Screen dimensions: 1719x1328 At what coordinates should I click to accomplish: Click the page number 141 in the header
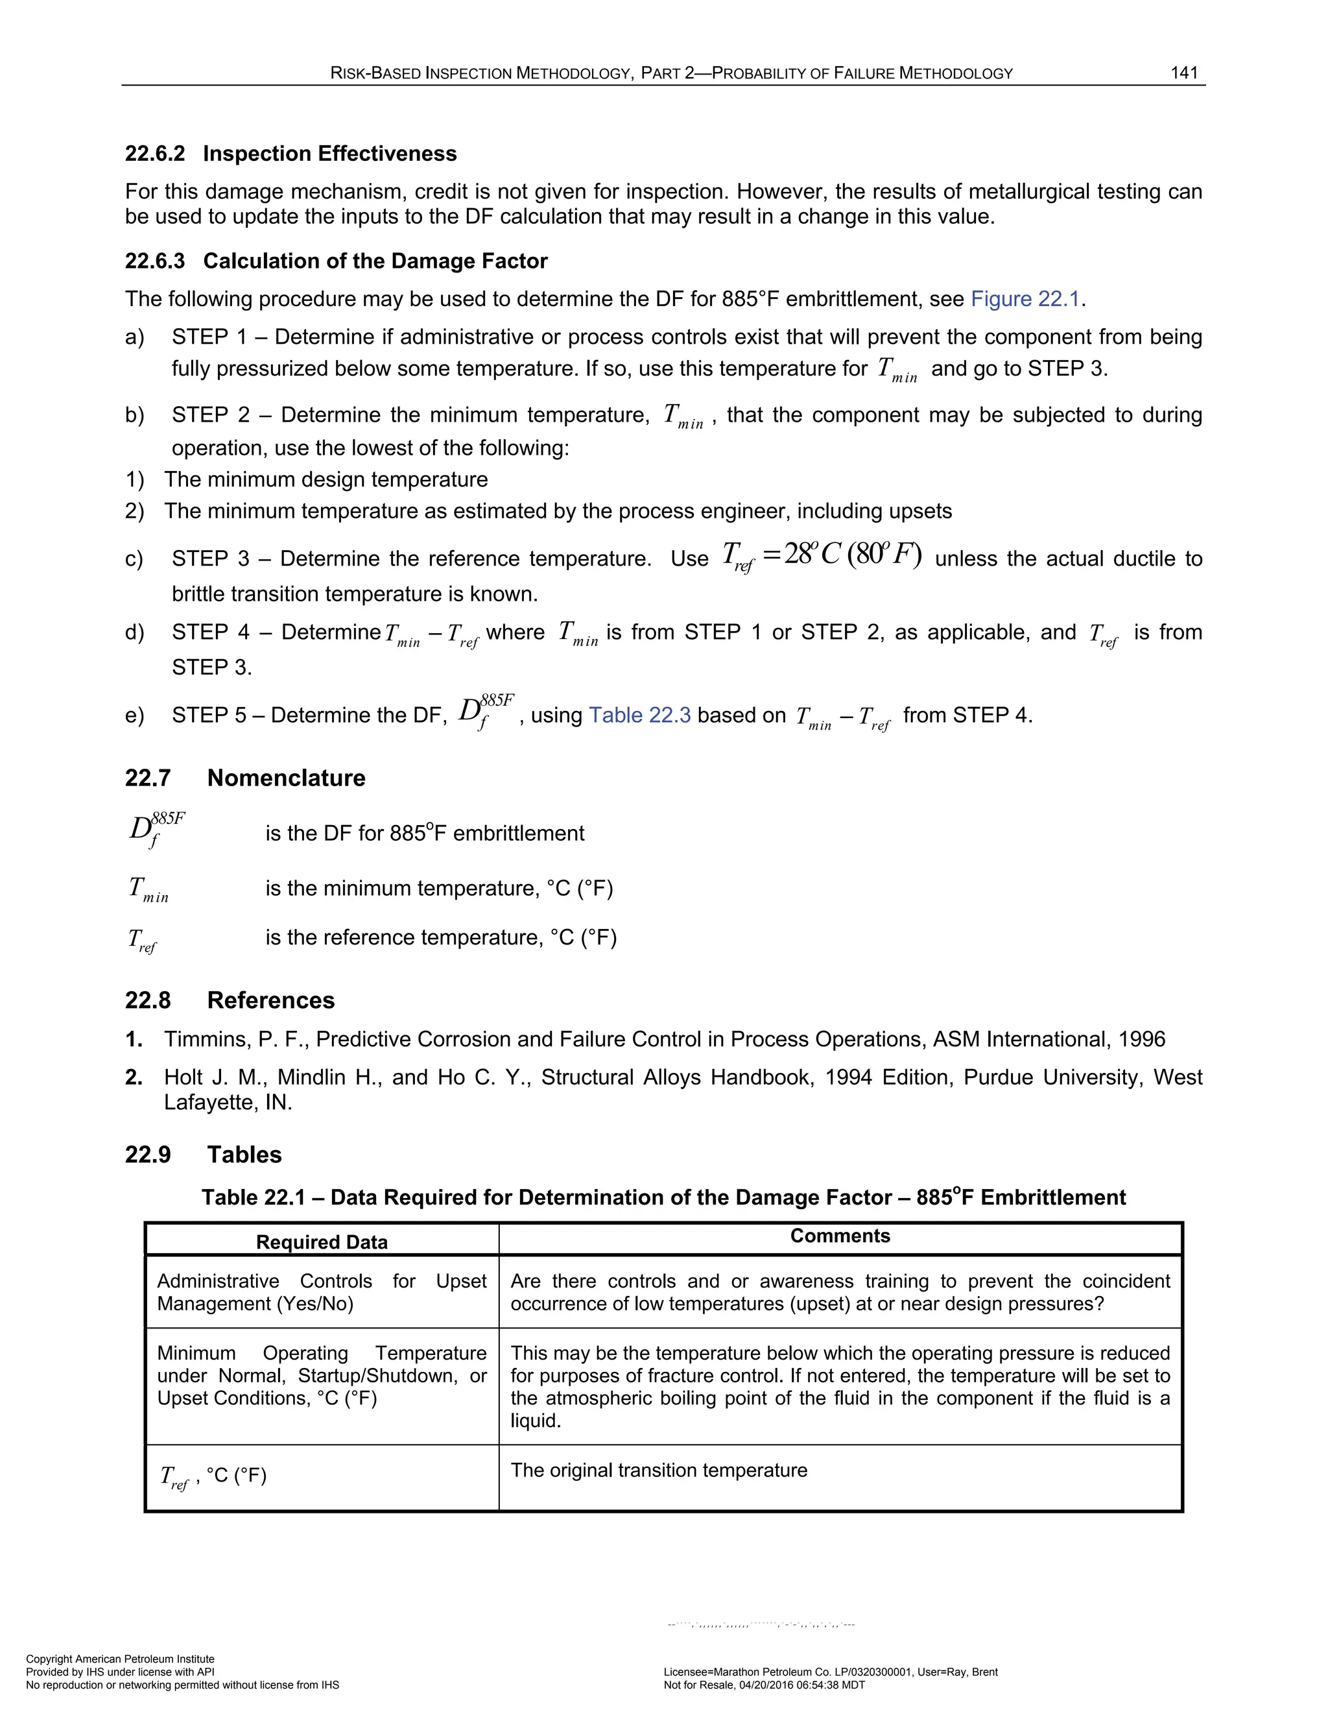pos(1183,73)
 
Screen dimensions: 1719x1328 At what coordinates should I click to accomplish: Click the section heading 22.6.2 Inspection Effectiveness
pos(290,154)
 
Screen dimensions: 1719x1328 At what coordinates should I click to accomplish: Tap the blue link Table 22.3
pos(639,715)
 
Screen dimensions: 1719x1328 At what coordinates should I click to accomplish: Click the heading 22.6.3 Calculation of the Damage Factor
pos(336,261)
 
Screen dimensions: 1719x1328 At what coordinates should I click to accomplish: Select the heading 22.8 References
pos(229,1000)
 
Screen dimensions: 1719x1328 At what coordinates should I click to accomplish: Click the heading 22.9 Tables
pos(203,1155)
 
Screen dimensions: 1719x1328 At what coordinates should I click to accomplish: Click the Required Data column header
pos(322,1242)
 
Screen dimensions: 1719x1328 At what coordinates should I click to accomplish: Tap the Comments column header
pos(840,1236)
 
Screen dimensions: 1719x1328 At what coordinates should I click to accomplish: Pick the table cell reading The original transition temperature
pos(659,1471)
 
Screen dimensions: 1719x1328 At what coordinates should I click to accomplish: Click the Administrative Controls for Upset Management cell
pos(322,1292)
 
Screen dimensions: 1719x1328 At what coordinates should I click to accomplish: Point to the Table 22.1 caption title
pos(663,1197)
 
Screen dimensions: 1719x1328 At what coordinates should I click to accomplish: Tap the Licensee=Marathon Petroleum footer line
pos(830,1672)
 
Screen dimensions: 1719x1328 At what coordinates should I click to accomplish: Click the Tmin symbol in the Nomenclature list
pos(148,889)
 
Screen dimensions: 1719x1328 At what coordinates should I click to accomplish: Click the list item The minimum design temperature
pos(326,479)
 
